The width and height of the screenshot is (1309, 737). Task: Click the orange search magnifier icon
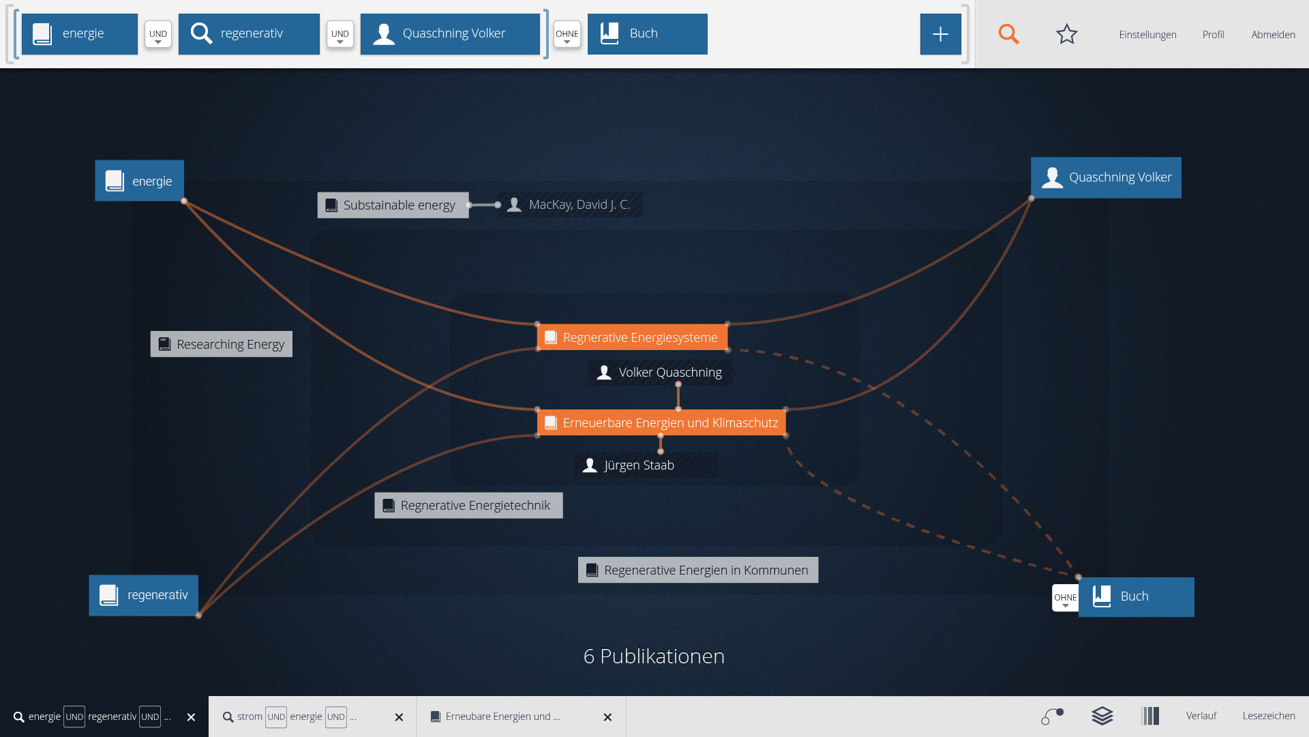click(x=1008, y=34)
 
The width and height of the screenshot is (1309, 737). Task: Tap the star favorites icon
click(x=1066, y=34)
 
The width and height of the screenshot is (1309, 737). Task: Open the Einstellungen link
click(x=1147, y=35)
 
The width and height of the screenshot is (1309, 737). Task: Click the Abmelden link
click(x=1273, y=35)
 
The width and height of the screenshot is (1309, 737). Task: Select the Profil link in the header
click(x=1213, y=35)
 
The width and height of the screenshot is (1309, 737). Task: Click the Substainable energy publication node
click(x=393, y=205)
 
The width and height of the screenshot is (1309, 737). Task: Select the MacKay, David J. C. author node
click(x=571, y=205)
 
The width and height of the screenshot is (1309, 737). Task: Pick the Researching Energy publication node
click(x=222, y=345)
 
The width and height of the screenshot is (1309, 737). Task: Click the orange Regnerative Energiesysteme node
click(x=632, y=338)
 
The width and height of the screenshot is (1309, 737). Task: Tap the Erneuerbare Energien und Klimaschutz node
click(x=661, y=423)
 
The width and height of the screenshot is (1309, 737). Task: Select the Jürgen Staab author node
click(x=638, y=465)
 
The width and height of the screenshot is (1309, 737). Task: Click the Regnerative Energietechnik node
click(x=468, y=506)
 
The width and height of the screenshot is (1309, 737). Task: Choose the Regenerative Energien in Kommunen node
click(x=697, y=570)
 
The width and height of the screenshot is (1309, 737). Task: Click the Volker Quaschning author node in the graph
click(x=660, y=373)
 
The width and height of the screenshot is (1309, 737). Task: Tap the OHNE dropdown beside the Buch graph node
click(x=1065, y=598)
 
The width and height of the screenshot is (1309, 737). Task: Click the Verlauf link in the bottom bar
click(x=1201, y=716)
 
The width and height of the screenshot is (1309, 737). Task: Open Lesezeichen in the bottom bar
click(x=1268, y=716)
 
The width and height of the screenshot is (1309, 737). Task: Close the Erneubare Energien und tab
click(x=607, y=717)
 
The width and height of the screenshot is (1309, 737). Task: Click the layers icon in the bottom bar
click(x=1102, y=716)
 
